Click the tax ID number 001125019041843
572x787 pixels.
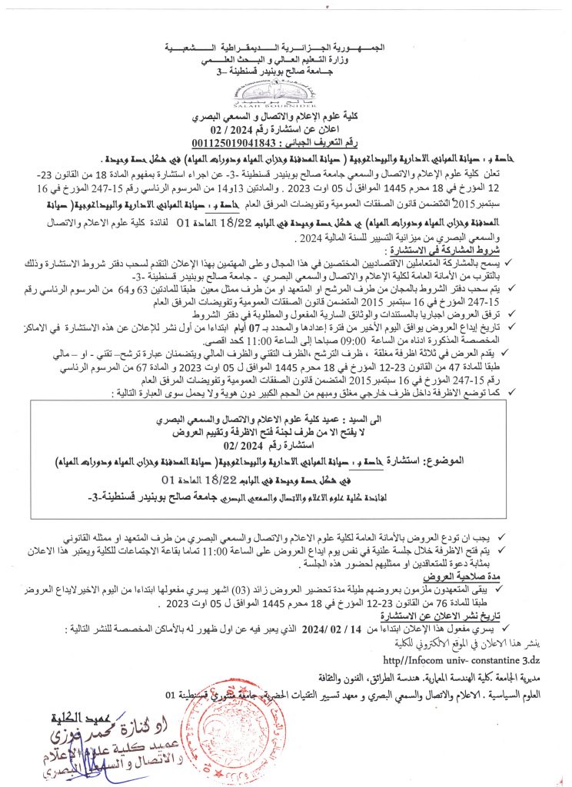click(231, 143)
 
